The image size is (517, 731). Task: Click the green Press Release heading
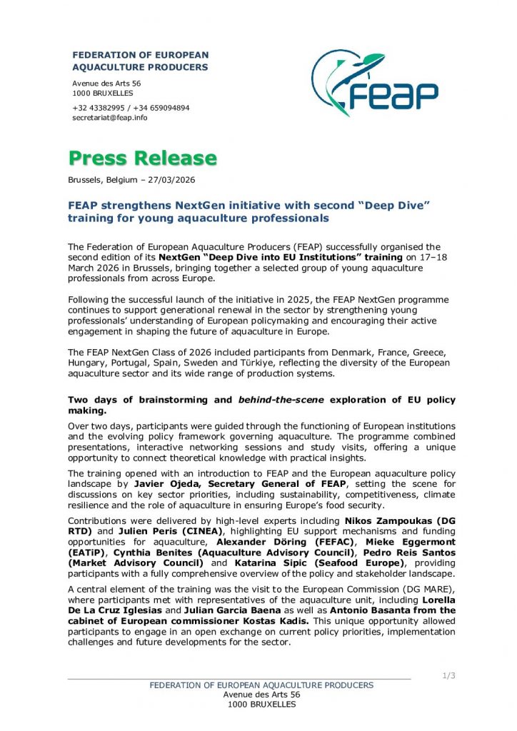tap(142, 158)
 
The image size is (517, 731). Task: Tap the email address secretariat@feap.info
tap(110, 118)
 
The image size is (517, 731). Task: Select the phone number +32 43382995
tap(98, 108)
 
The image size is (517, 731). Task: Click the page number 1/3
tap(449, 675)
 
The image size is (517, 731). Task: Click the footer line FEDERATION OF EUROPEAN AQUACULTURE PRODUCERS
tap(261, 685)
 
